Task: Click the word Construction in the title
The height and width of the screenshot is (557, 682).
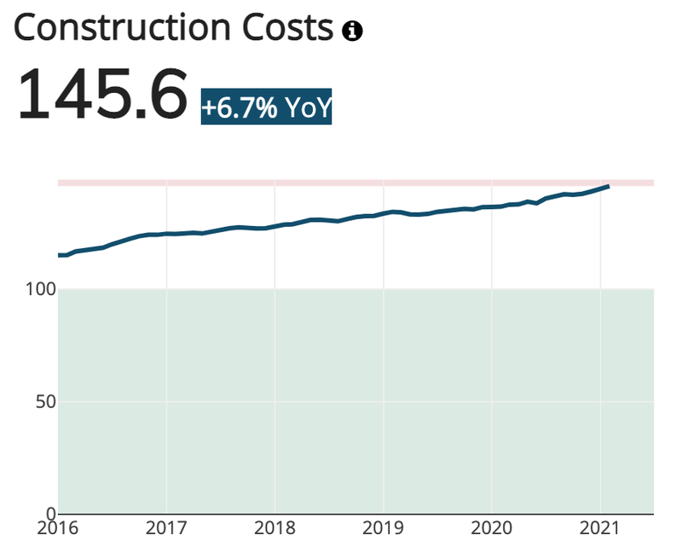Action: coord(122,28)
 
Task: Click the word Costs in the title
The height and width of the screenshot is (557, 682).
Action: coord(287,28)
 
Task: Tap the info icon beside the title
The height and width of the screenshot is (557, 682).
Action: coord(352,31)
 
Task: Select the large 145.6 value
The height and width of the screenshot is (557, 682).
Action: coord(102,94)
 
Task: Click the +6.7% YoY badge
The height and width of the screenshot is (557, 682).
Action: coord(266,107)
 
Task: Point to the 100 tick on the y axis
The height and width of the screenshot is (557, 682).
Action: coord(41,289)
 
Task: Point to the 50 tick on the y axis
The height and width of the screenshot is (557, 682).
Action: coord(46,402)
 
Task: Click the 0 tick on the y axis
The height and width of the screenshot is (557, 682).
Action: coord(51,513)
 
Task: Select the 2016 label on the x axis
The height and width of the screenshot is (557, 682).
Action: coord(58,528)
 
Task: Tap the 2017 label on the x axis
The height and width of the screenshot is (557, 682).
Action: coord(166,528)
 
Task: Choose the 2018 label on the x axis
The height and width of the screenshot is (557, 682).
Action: coord(275,528)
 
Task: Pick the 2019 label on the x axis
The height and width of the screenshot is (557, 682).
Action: coord(383,528)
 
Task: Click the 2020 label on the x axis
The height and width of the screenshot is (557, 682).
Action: coord(492,528)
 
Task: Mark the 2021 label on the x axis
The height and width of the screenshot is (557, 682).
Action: coord(600,528)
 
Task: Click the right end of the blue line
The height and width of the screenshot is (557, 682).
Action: coord(609,186)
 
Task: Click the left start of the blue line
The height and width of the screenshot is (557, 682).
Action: coord(59,255)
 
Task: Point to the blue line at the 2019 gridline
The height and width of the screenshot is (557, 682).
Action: coord(384,213)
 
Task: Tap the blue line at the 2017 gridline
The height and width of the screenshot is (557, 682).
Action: coord(166,234)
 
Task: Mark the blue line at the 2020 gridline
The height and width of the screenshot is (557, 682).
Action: coord(492,206)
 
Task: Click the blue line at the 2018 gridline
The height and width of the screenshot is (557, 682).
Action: coord(275,226)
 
